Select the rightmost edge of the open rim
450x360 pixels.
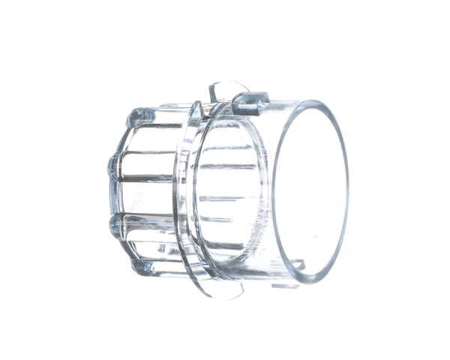[349, 191]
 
